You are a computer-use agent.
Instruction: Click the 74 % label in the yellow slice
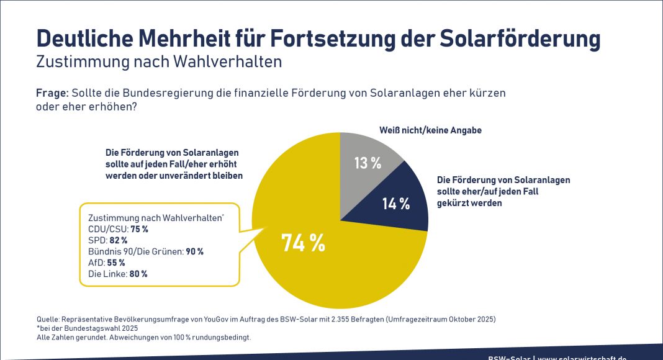(304, 243)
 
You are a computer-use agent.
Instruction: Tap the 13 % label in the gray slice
(368, 163)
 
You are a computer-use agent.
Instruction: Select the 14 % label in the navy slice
(396, 203)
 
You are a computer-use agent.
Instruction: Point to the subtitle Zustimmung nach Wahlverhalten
(160, 62)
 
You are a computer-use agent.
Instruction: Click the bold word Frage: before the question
(52, 93)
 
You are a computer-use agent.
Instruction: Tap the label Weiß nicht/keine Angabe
(430, 131)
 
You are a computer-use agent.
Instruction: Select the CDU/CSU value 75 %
(139, 229)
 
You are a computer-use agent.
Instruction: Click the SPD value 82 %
(120, 240)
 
